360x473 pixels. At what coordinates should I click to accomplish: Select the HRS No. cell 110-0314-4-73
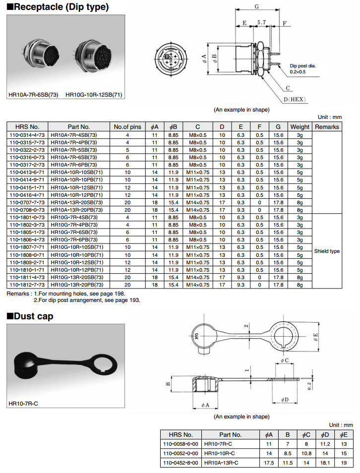(x=27, y=135)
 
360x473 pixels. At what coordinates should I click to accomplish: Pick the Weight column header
(x=300, y=127)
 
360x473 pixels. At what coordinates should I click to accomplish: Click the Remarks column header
(x=327, y=127)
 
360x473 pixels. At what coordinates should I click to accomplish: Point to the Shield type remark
(x=327, y=251)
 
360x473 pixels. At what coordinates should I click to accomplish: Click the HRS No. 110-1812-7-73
(x=27, y=285)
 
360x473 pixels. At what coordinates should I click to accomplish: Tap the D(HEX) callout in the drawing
(x=294, y=99)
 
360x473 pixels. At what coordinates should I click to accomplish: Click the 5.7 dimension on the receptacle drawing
(x=262, y=23)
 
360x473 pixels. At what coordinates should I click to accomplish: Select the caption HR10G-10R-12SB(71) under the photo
(x=94, y=95)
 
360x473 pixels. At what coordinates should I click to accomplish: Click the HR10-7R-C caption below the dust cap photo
(x=23, y=403)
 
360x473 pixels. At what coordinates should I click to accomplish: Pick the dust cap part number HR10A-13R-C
(x=221, y=463)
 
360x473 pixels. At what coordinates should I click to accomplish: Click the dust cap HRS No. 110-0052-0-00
(x=180, y=453)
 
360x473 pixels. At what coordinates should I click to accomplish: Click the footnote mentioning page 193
(x=87, y=300)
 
